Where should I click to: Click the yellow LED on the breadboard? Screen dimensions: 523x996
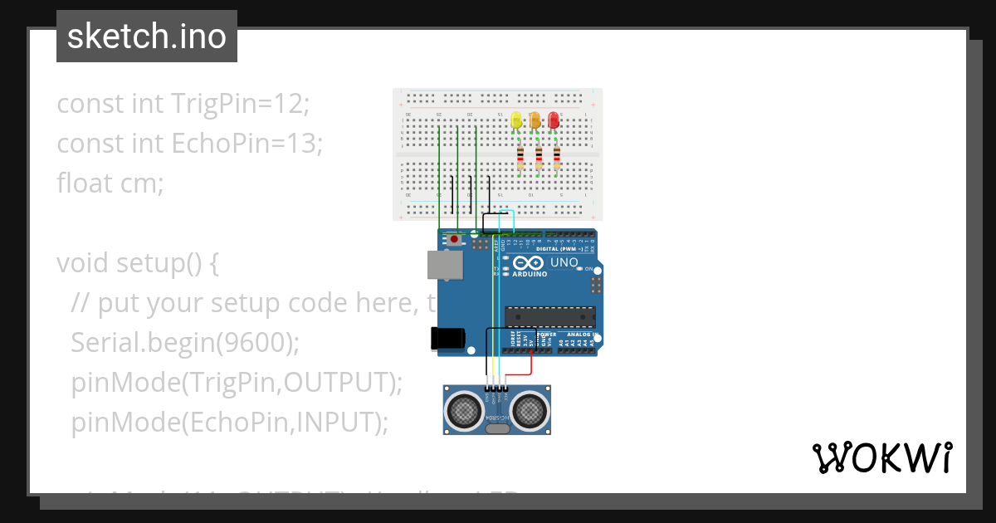516,120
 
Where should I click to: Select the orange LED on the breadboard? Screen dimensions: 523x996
535,120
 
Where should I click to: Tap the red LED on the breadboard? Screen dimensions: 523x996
554,120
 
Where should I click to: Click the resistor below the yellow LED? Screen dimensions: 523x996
520,158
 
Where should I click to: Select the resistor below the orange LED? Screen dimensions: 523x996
539,158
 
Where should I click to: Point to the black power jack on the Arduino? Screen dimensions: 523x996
445,338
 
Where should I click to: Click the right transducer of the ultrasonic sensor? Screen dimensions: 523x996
529,408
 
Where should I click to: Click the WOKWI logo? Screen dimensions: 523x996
882,457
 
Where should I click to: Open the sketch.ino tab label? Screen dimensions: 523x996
147,37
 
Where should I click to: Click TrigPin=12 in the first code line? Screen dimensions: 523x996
240,104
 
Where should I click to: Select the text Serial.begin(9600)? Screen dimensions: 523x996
185,342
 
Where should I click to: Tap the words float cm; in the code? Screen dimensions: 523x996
110,183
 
